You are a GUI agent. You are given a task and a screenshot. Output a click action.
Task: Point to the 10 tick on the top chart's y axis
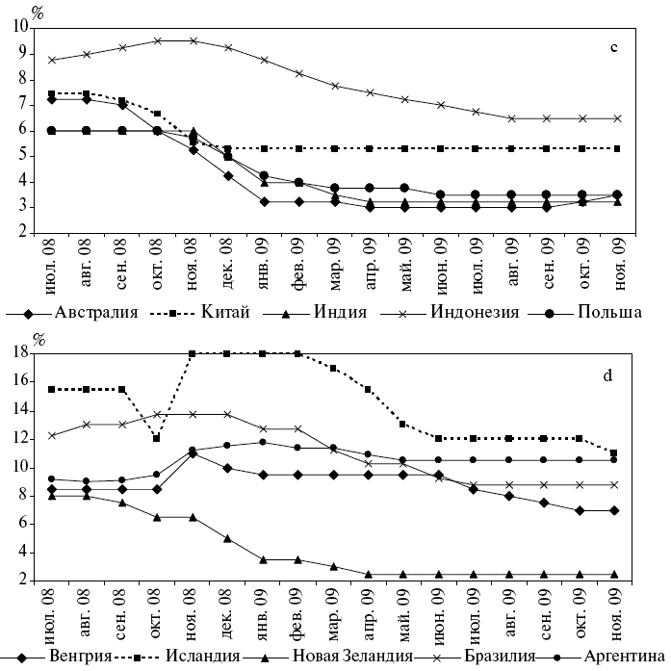click(x=18, y=27)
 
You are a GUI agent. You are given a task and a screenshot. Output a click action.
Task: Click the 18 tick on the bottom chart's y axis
click(x=18, y=353)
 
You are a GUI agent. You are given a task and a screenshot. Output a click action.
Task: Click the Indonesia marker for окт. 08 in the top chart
click(x=157, y=40)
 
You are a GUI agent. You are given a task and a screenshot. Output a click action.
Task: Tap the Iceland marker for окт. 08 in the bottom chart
click(x=157, y=438)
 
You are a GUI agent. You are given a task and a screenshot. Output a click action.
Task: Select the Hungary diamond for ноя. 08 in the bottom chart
click(x=193, y=452)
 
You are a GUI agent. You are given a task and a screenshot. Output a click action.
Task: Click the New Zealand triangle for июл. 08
click(x=51, y=495)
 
